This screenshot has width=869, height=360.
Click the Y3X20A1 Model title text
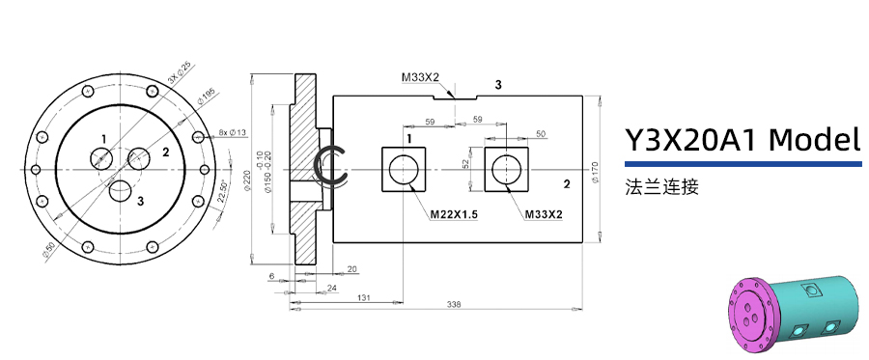tap(742, 140)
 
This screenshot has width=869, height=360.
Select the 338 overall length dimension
tap(454, 305)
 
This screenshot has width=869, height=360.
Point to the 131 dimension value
tap(364, 297)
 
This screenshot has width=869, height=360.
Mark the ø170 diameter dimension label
tap(596, 168)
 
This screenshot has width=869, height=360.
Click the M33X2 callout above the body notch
tap(421, 77)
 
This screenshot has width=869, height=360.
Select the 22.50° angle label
tap(223, 191)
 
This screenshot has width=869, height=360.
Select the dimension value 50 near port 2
tap(541, 133)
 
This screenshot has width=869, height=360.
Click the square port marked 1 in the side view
tap(404, 171)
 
